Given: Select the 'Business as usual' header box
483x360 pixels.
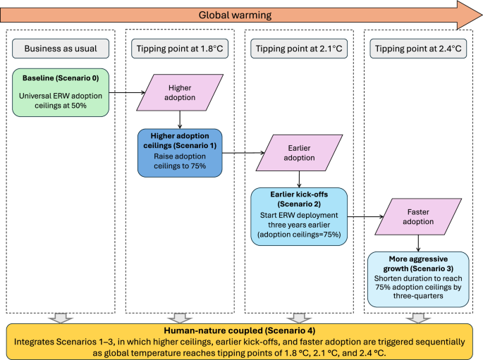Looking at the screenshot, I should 61,48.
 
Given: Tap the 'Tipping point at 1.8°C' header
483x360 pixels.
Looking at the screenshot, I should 180,48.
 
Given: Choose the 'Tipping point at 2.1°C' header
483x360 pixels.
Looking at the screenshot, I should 299,48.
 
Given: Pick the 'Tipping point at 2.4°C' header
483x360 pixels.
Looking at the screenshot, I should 418,48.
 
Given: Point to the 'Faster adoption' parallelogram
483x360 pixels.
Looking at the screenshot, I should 418,216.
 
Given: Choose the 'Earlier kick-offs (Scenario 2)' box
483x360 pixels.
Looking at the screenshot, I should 299,216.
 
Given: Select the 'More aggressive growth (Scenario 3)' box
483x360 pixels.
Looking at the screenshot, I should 418,279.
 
